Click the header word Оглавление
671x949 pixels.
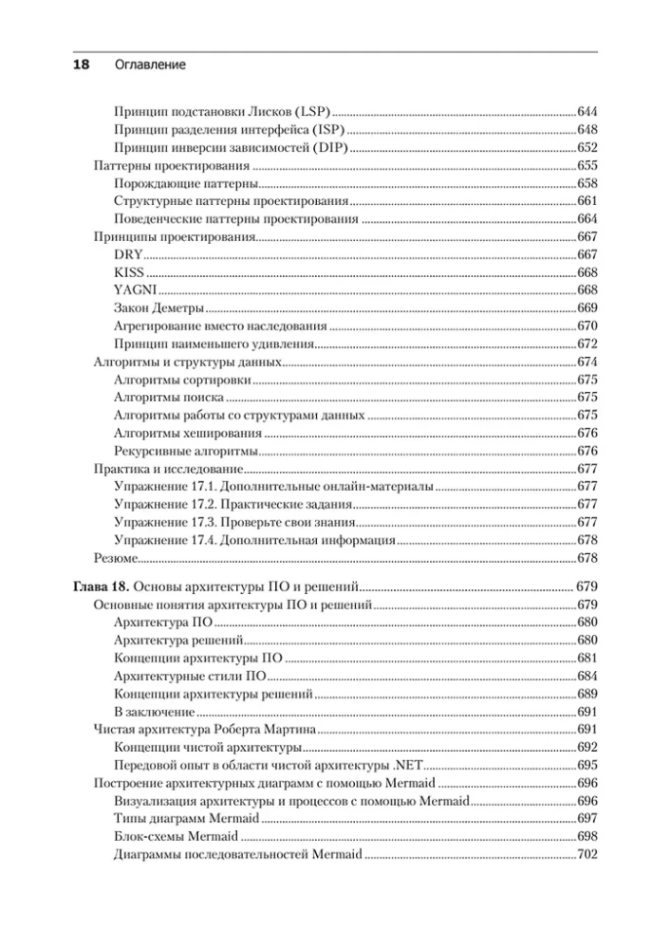pos(149,65)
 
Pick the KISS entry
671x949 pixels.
pos(128,273)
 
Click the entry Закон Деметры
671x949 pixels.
pos(158,308)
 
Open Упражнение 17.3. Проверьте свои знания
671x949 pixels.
pos(233,523)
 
